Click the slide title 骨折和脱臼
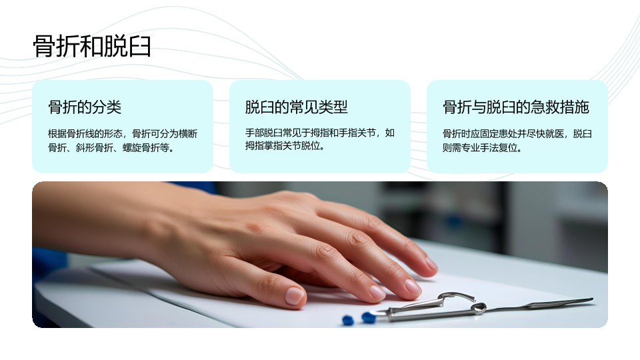[x=92, y=46]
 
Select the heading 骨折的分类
[x=85, y=107]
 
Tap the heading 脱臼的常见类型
[x=296, y=107]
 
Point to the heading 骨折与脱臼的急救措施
[x=516, y=107]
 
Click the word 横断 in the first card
[x=188, y=134]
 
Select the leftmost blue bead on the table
[x=348, y=320]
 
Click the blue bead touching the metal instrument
[x=369, y=317]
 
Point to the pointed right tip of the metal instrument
[x=592, y=300]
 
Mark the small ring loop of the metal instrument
[x=479, y=308]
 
